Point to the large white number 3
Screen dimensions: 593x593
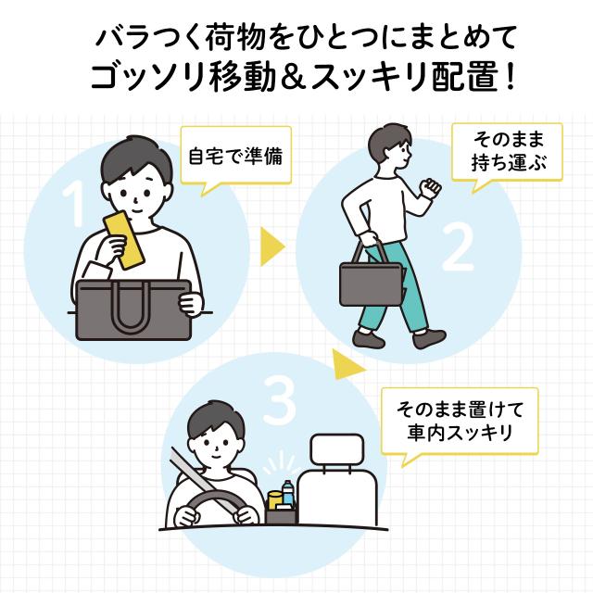pos(279,401)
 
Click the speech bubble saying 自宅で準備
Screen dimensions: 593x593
pos(236,156)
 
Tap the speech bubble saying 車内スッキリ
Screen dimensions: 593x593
pos(460,421)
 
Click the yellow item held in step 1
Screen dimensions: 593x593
pos(124,240)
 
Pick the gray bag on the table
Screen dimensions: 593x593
pos(133,309)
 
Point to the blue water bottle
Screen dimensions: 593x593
pos(288,493)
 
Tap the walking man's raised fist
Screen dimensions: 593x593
pos(431,187)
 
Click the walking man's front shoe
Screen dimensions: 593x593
pos(429,338)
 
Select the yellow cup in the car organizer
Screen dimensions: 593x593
pos(275,499)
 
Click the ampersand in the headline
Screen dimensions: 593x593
pos(293,79)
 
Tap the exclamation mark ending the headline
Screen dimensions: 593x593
pos(511,78)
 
